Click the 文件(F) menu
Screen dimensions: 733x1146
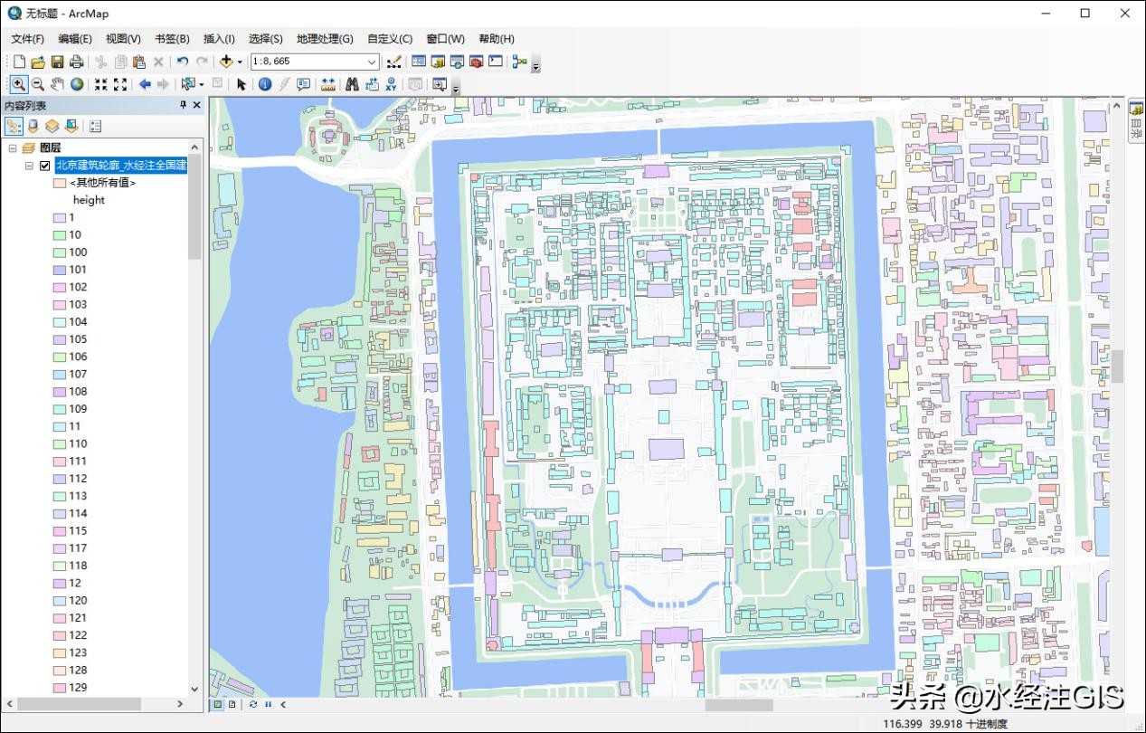pos(27,39)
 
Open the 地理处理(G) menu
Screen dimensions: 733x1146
pos(324,39)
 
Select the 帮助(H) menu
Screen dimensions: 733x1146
pos(496,39)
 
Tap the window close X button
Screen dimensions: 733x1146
pos(1125,14)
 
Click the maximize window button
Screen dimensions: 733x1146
pos(1084,14)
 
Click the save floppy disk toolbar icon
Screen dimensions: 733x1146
pos(57,62)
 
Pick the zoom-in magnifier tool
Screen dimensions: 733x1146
pos(18,84)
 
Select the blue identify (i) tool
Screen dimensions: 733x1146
pos(265,84)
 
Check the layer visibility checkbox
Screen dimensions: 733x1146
pos(45,166)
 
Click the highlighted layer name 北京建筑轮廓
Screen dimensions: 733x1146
pos(120,166)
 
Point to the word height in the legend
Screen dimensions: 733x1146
pos(89,200)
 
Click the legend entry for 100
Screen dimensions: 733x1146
pos(78,252)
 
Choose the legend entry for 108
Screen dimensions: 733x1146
pos(78,392)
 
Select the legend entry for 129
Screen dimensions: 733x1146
pos(78,688)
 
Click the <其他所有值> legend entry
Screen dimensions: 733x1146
pos(102,183)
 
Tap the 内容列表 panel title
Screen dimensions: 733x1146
pos(25,106)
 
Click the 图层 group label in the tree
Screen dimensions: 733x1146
pos(51,148)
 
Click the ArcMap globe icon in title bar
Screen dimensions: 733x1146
pos(14,14)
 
